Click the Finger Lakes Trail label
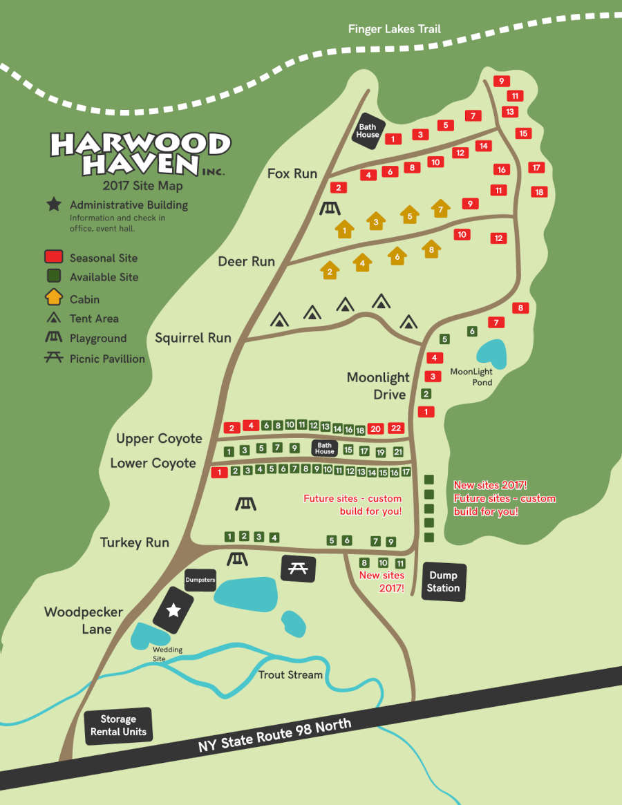(394, 29)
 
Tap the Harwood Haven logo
(140, 153)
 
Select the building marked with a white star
(173, 610)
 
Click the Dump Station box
(443, 582)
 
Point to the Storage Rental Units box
(118, 726)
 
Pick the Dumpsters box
(200, 580)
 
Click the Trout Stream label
(290, 674)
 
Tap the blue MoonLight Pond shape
(491, 352)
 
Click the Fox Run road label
(292, 173)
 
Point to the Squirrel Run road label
(193, 338)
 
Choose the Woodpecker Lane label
(83, 621)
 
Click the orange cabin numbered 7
(440, 208)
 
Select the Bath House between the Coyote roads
(324, 448)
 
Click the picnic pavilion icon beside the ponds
(299, 568)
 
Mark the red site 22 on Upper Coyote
(395, 428)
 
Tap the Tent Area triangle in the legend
(53, 319)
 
